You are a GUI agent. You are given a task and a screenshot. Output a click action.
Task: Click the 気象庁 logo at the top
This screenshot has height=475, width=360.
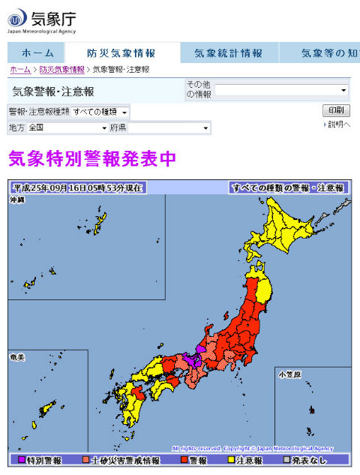pyautogui.click(x=42, y=19)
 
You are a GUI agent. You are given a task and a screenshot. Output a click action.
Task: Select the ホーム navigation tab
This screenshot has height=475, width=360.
pyautogui.click(x=37, y=53)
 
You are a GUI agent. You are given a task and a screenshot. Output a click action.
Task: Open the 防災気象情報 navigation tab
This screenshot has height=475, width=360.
pyautogui.click(x=121, y=53)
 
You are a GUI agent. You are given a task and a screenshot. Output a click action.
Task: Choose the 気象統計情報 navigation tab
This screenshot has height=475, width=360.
pyautogui.click(x=229, y=53)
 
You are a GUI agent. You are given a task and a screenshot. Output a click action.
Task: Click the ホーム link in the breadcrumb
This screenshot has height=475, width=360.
pyautogui.click(x=20, y=69)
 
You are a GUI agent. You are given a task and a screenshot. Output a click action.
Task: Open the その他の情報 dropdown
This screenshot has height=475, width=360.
pyautogui.click(x=282, y=90)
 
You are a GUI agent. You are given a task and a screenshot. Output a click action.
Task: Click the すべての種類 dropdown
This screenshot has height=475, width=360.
pyautogui.click(x=100, y=112)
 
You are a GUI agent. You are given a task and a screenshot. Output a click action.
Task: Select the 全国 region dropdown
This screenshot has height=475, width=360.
pyautogui.click(x=67, y=128)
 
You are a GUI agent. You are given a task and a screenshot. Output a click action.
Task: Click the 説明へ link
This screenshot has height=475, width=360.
pyautogui.click(x=338, y=125)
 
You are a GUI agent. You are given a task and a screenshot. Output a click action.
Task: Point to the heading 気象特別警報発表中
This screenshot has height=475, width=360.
pyautogui.click(x=92, y=159)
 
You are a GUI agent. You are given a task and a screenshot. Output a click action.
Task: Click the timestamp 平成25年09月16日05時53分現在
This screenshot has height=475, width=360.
pyautogui.click(x=77, y=188)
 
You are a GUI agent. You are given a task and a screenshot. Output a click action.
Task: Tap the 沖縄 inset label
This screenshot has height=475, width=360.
pyautogui.click(x=17, y=200)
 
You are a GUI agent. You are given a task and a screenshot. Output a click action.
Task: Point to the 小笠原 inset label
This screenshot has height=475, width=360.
pyautogui.click(x=288, y=373)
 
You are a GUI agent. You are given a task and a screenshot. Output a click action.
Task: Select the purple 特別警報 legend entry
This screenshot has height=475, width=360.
pyautogui.click(x=40, y=459)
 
